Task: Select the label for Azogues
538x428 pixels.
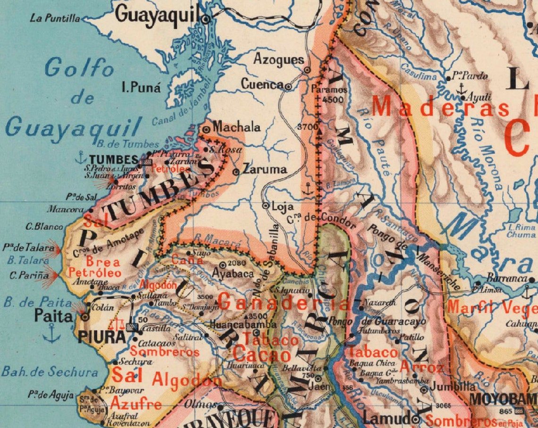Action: coord(279,59)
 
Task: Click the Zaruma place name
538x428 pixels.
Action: coord(265,169)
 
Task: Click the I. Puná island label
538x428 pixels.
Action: coord(141,88)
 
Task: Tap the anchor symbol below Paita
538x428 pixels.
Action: coord(51,336)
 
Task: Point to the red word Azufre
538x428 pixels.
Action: coord(136,404)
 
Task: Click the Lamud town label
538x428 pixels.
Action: coord(386,418)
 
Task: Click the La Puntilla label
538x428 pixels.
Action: coord(55,19)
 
